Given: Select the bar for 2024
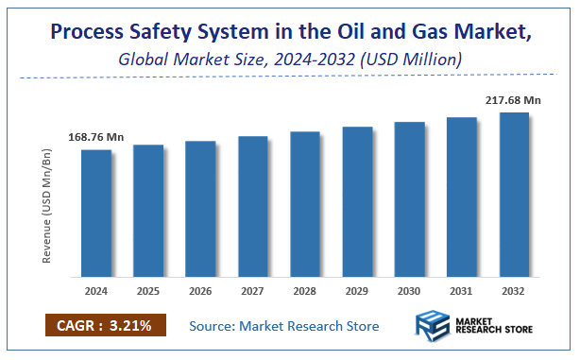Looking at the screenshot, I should click(x=95, y=214).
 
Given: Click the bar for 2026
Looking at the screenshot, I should click(x=200, y=209).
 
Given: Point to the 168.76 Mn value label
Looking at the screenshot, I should click(x=95, y=137).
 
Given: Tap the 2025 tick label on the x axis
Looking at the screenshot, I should click(x=148, y=291).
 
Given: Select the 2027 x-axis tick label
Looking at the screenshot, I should click(x=253, y=291).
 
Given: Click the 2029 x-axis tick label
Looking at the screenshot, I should click(x=358, y=291).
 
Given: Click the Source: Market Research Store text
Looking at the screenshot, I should click(x=284, y=326).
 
